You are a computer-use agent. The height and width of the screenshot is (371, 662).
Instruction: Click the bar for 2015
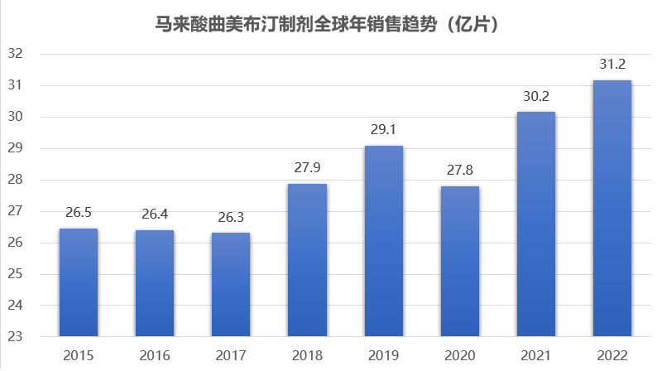[x=78, y=282]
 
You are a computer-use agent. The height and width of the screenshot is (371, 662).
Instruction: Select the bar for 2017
[x=230, y=285]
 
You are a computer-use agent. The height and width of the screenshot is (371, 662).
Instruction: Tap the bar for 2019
[x=383, y=241]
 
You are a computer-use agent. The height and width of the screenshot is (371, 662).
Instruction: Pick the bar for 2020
[x=459, y=262]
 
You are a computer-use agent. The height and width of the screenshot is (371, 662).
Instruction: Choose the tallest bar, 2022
[x=612, y=208]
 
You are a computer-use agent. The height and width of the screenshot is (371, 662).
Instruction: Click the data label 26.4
[x=154, y=214]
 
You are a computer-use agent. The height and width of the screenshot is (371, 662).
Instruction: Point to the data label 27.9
[x=307, y=167]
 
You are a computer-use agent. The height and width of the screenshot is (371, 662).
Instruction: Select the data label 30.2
[x=536, y=95]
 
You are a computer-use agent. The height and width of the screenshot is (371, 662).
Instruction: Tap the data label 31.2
[x=612, y=64]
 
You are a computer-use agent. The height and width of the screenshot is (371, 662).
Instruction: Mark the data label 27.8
[x=459, y=170]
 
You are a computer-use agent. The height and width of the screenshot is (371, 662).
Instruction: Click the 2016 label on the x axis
[x=154, y=355]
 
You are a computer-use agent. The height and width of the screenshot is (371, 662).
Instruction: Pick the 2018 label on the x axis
[x=307, y=355]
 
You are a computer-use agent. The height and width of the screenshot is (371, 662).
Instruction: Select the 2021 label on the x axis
[x=536, y=355]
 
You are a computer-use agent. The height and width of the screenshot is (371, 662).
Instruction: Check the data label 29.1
[x=383, y=129]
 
